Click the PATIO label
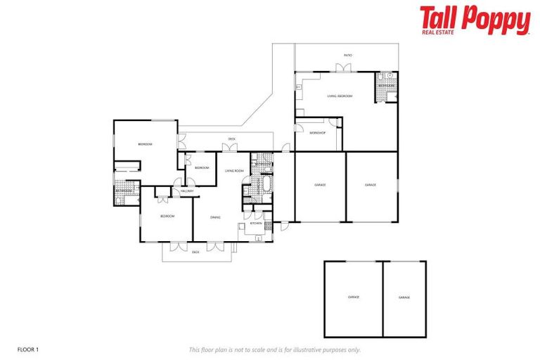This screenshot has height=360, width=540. point(347,54)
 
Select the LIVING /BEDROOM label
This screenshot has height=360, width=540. point(340,96)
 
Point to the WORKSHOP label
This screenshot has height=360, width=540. point(318,133)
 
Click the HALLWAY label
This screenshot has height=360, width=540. point(187,191)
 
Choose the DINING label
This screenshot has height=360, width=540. point(215,217)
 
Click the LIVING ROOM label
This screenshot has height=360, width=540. point(234,171)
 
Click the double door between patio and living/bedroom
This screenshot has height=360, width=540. point(342,68)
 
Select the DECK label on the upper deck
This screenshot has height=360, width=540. point(231,139)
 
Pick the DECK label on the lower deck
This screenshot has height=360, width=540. point(196,251)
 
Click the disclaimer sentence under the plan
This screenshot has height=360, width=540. point(274,349)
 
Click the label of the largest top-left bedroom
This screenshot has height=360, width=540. point(145,144)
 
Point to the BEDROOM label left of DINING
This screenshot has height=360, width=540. point(167,216)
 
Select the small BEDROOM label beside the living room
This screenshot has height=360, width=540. point(202,167)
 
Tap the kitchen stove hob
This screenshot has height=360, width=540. point(259,238)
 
